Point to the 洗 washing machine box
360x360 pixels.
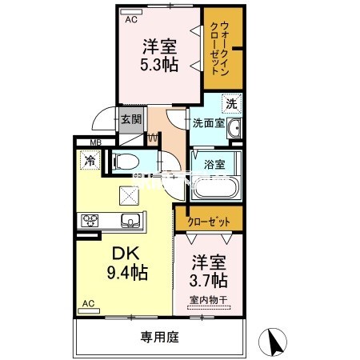tap(230, 103)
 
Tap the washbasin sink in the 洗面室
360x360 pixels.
tap(233, 131)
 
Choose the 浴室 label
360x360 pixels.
tap(214, 164)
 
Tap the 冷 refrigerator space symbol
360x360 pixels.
tap(87, 160)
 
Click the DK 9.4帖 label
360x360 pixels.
tap(126, 262)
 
